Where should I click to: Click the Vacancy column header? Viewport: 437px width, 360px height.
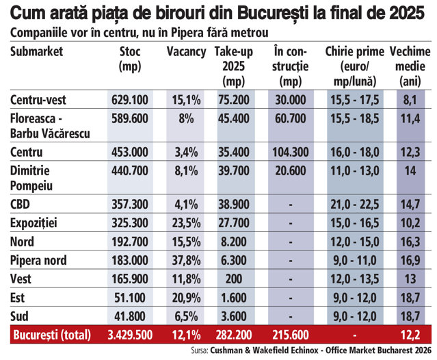pyautogui.click(x=186, y=52)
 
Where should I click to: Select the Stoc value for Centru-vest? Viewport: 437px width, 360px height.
pyautogui.click(x=130, y=100)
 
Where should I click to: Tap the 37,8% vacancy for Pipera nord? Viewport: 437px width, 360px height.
pyautogui.click(x=186, y=261)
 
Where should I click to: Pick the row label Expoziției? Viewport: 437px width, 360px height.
pyautogui.click(x=34, y=223)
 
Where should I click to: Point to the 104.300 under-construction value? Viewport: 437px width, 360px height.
pyautogui.click(x=291, y=152)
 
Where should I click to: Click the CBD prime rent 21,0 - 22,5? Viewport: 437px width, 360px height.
pyautogui.click(x=355, y=205)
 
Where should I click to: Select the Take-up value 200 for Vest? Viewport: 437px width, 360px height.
pyautogui.click(x=234, y=279)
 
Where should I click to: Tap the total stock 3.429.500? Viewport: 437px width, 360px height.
pyautogui.click(x=130, y=335)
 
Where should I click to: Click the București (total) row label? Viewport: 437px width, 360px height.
pyautogui.click(x=52, y=335)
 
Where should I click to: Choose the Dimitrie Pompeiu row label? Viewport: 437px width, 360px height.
pyautogui.click(x=31, y=178)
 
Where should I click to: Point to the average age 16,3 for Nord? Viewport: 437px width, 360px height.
pyautogui.click(x=410, y=242)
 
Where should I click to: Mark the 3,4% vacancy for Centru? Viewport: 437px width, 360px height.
pyautogui.click(x=186, y=152)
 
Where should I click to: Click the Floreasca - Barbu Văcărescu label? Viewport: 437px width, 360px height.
pyautogui.click(x=50, y=126)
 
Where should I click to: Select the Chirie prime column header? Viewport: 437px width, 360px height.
pyautogui.click(x=355, y=66)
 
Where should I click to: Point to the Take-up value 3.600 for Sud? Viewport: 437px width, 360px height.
pyautogui.click(x=234, y=316)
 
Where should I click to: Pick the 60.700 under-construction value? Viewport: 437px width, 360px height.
pyautogui.click(x=291, y=118)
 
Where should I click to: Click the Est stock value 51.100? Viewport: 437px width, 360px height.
pyautogui.click(x=130, y=298)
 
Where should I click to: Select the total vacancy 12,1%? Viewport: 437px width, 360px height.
pyautogui.click(x=186, y=335)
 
